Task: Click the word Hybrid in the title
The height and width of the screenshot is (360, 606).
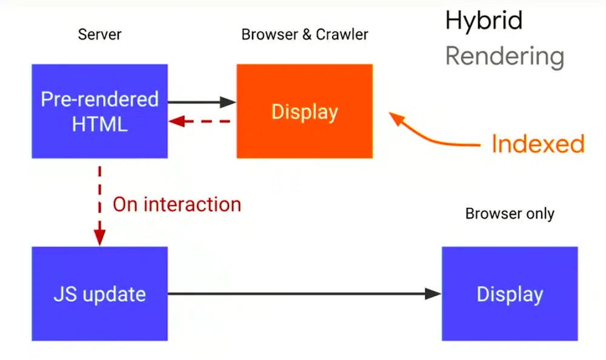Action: coord(484,21)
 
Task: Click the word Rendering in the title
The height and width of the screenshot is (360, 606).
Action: coord(505,56)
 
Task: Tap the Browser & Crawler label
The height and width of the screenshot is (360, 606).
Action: coord(304,35)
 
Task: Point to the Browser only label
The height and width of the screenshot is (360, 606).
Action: coord(510,214)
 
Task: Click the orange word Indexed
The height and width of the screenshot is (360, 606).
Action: coord(538,144)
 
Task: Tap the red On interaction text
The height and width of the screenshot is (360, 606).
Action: coord(177,204)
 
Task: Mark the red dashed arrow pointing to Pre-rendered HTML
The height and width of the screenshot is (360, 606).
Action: coord(200,122)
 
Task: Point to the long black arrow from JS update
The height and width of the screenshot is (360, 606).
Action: coord(303,294)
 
